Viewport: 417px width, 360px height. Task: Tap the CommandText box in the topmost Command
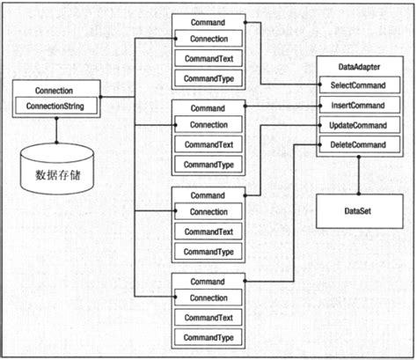(208, 58)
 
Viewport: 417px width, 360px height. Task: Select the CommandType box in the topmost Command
(208, 77)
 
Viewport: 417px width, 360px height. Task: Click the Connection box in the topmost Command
(208, 39)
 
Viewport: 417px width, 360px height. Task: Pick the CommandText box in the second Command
(208, 144)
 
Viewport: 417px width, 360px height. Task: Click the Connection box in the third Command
(208, 211)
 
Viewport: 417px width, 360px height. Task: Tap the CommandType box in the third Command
(208, 252)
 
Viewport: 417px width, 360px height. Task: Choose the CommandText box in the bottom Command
(208, 318)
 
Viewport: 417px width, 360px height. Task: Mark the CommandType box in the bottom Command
(208, 338)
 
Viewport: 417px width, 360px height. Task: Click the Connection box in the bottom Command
(208, 298)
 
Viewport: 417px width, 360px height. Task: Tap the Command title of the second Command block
(208, 107)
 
